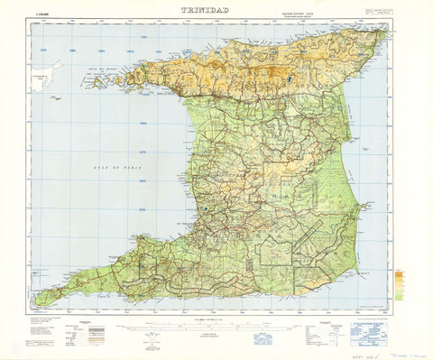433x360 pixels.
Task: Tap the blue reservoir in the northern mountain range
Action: (286, 79)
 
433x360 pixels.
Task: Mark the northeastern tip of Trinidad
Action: (385, 29)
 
